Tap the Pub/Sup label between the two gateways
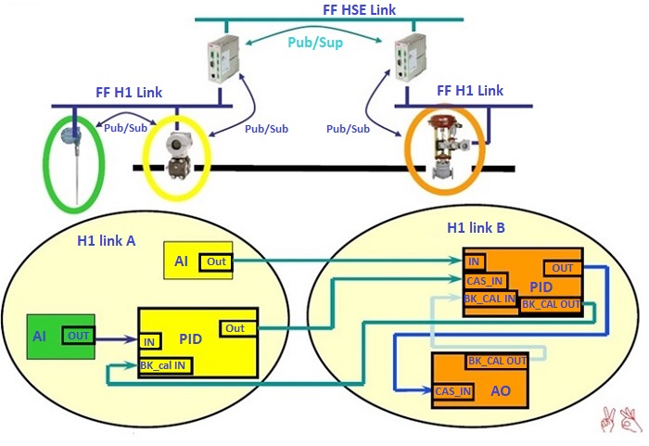(x=315, y=43)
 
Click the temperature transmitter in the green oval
(x=73, y=159)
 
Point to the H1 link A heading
(x=106, y=241)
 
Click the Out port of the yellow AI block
(x=217, y=262)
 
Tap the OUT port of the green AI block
(x=78, y=334)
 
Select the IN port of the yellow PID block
(x=149, y=342)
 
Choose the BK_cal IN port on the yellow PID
(x=163, y=366)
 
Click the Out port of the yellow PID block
(x=235, y=328)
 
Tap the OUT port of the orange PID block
(x=562, y=268)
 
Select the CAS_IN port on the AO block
(x=453, y=392)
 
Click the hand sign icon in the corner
(x=620, y=420)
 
